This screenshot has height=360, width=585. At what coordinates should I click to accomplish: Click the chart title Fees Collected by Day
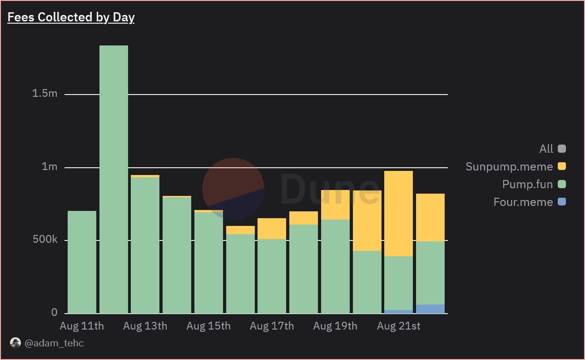click(71, 17)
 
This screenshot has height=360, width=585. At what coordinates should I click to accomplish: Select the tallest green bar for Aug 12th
click(114, 182)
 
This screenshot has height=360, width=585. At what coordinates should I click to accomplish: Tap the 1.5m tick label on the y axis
click(45, 94)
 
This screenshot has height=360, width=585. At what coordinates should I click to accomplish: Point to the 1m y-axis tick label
click(50, 167)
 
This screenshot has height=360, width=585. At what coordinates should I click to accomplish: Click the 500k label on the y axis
click(45, 240)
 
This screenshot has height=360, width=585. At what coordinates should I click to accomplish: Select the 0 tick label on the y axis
click(55, 312)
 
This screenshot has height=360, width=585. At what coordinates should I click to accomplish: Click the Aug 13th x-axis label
click(145, 326)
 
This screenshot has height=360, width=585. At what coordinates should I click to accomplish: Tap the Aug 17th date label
click(272, 326)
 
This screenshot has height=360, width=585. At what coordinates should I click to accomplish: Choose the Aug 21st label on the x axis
click(398, 326)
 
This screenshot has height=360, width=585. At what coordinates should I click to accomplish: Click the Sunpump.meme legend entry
click(509, 166)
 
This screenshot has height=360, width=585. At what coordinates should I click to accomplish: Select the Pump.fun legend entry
click(527, 184)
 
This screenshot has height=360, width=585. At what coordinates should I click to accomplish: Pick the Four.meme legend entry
click(523, 202)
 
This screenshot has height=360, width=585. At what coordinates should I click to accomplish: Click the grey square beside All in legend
click(562, 149)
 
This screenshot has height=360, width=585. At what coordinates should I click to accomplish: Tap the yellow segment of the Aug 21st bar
click(398, 214)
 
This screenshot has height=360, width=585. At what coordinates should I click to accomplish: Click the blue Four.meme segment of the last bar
click(430, 309)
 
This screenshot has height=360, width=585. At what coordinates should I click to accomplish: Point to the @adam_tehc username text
click(54, 343)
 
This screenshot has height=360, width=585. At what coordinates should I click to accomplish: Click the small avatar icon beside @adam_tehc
click(15, 343)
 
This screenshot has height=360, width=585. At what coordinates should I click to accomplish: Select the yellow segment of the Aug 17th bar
click(272, 229)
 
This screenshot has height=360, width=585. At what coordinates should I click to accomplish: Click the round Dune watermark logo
click(233, 189)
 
